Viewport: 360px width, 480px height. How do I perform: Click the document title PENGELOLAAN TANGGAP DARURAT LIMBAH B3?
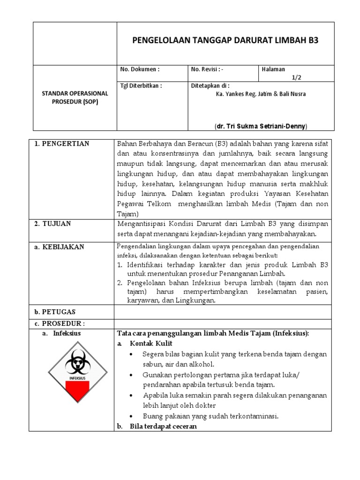click(x=225, y=40)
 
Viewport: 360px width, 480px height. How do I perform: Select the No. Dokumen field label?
click(x=140, y=69)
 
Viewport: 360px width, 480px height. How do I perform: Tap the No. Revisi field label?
click(x=207, y=69)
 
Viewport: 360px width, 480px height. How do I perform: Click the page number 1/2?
click(x=297, y=77)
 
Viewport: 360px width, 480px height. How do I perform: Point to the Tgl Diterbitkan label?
click(x=141, y=86)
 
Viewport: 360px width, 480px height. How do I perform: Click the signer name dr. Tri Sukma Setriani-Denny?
click(x=261, y=126)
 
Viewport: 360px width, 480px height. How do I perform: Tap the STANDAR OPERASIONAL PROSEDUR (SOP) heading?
click(x=75, y=97)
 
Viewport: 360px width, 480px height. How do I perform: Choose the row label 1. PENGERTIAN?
click(x=62, y=143)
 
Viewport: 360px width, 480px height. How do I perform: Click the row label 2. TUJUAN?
click(x=53, y=224)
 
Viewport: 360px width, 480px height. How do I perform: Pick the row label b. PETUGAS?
click(x=55, y=312)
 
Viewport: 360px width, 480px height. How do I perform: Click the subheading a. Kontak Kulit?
click(x=142, y=344)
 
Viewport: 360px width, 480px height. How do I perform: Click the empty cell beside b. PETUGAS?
click(x=223, y=312)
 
